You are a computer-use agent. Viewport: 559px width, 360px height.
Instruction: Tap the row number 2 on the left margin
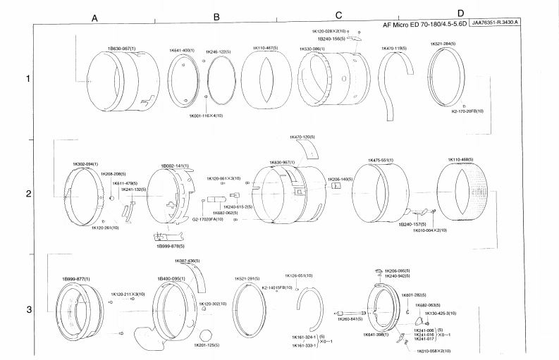(28, 194)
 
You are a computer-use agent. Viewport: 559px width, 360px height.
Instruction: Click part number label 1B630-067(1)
(121, 48)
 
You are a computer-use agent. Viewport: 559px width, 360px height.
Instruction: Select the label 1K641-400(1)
(181, 51)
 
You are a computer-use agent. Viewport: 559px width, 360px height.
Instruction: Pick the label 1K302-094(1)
(85, 164)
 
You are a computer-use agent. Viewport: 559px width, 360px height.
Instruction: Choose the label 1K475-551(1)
(381, 159)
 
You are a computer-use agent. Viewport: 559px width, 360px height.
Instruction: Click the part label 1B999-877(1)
(75, 279)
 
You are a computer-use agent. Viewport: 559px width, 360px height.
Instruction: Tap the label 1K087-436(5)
(188, 261)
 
